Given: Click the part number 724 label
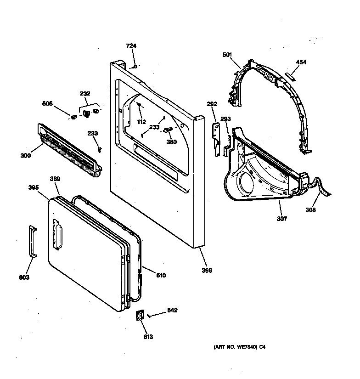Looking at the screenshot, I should tap(131, 45).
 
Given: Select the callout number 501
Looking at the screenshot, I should tap(227, 55).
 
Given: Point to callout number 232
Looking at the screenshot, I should tap(85, 93).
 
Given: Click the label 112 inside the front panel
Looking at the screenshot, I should tap(141, 122).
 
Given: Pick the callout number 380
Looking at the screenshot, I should tap(171, 142).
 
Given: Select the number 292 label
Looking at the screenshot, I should tap(212, 104).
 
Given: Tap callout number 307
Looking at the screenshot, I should tap(281, 219).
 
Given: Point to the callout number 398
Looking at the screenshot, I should tap(207, 271).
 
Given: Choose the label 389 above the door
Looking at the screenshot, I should tap(55, 179).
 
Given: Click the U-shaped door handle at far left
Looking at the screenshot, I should tap(32, 241).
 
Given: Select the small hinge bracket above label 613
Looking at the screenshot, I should tap(139, 317).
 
